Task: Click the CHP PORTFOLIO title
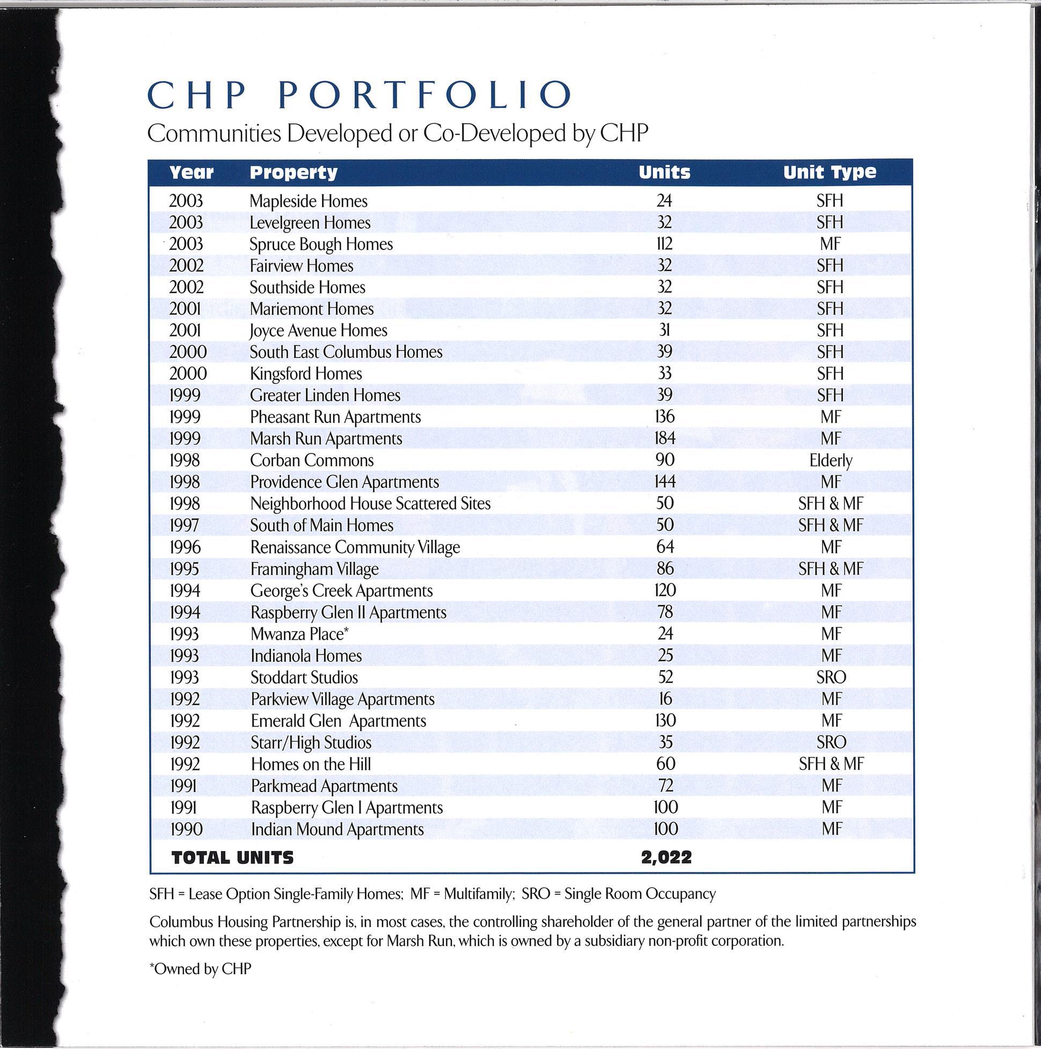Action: pyautogui.click(x=360, y=95)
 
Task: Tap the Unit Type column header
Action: pyautogui.click(x=829, y=173)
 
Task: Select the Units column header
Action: pyautogui.click(x=664, y=173)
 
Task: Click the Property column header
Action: pyautogui.click(x=293, y=173)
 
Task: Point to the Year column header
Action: pyautogui.click(x=191, y=173)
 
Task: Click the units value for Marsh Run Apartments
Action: pyautogui.click(x=665, y=438)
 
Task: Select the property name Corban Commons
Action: pyautogui.click(x=312, y=460)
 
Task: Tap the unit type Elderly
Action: pyautogui.click(x=830, y=461)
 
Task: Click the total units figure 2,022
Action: pyautogui.click(x=666, y=858)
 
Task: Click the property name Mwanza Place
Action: pyautogui.click(x=299, y=634)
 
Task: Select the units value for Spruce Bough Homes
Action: pyautogui.click(x=664, y=244)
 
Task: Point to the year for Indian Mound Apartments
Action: pyautogui.click(x=186, y=830)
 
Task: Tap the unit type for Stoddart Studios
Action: pyautogui.click(x=831, y=678)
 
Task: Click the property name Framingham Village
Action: pyautogui.click(x=314, y=569)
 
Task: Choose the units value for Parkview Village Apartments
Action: pyautogui.click(x=665, y=699)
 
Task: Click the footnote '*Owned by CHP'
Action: pyautogui.click(x=200, y=969)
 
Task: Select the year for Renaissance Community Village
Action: pyautogui.click(x=185, y=547)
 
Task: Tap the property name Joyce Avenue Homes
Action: pyautogui.click(x=318, y=331)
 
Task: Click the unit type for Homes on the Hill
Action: pyautogui.click(x=831, y=765)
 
